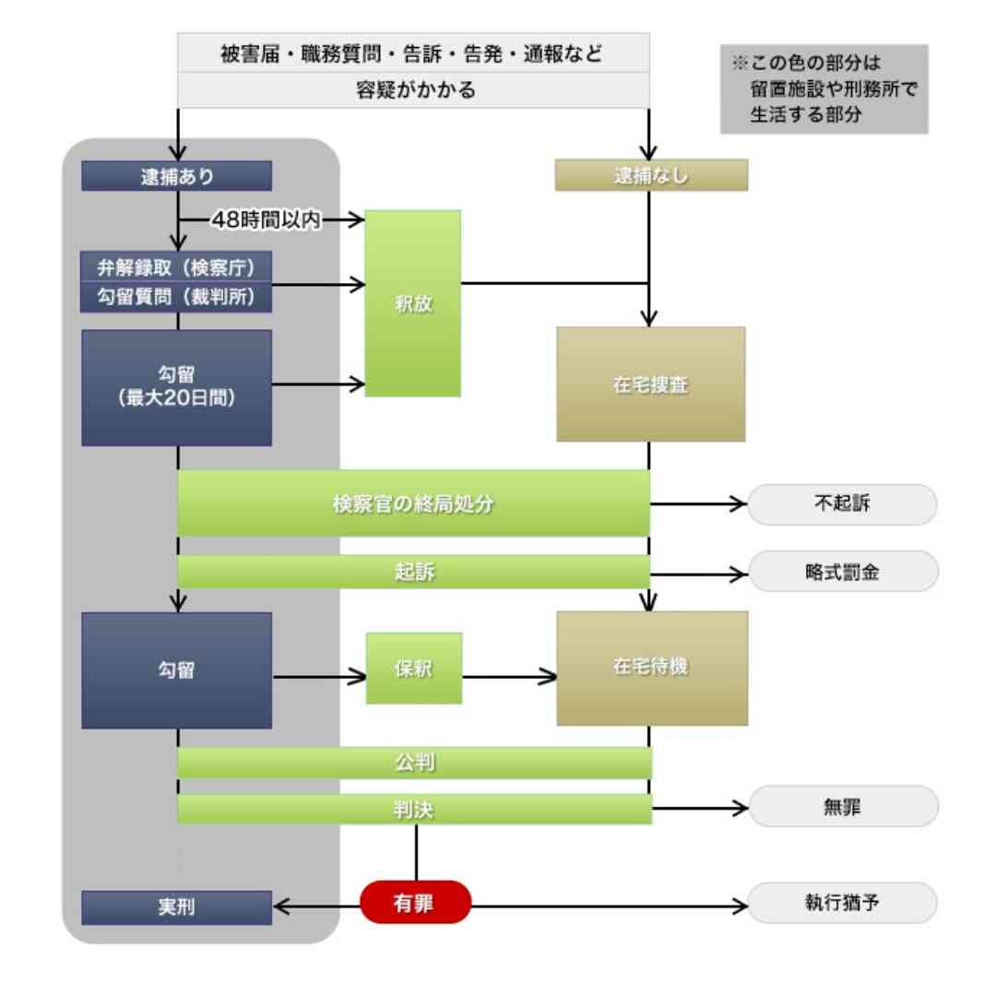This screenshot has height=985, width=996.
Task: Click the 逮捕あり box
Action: (x=176, y=176)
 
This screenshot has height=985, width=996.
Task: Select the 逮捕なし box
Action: (x=651, y=176)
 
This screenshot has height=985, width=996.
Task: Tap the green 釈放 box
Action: (x=412, y=303)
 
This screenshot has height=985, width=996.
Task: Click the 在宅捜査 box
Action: (x=650, y=385)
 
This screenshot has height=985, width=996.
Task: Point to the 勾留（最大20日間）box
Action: (x=176, y=388)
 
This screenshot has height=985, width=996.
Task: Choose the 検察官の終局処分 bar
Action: (x=413, y=504)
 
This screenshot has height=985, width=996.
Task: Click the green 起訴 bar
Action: (x=413, y=572)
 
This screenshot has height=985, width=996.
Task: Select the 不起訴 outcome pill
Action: (x=842, y=504)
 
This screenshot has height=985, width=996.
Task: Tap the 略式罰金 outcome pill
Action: (x=842, y=572)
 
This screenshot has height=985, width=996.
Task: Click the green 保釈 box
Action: (x=413, y=669)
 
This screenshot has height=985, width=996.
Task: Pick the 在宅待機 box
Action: (x=651, y=668)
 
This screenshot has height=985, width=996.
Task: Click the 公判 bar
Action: (x=413, y=763)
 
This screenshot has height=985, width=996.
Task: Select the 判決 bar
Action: (x=413, y=809)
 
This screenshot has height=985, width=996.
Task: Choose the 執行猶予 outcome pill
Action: (x=842, y=903)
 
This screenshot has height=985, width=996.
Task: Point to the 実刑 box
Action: (x=176, y=908)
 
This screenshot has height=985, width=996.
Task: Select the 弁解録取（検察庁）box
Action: (x=176, y=267)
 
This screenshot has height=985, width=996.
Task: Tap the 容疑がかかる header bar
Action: (x=413, y=90)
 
